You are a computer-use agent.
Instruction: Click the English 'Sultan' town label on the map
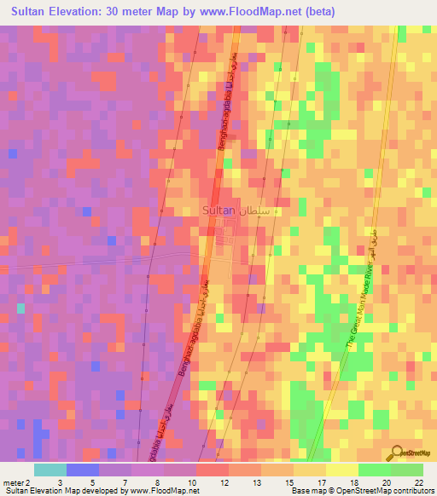[218, 209]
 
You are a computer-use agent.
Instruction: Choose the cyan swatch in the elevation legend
[50, 470]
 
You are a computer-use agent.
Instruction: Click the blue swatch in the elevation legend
[82, 470]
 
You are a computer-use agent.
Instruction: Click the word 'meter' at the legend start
[15, 482]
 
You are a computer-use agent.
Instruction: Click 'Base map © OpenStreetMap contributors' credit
[362, 491]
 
